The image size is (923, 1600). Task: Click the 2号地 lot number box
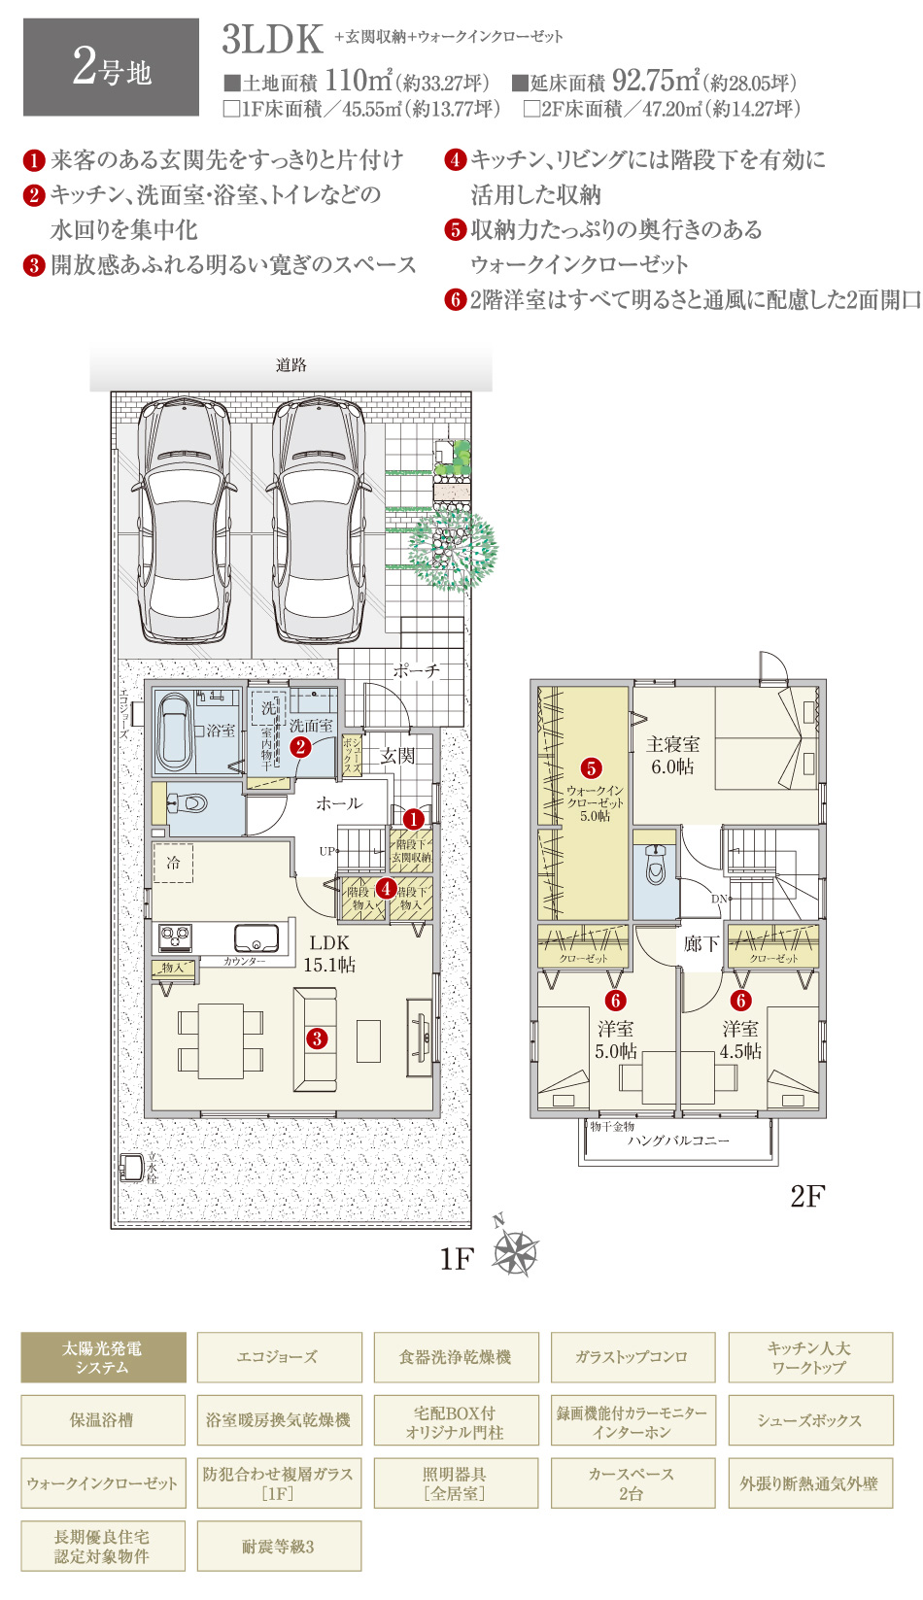[x=111, y=68]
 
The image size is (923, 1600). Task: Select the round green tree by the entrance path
[x=452, y=551]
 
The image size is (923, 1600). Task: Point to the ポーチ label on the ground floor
[x=417, y=670]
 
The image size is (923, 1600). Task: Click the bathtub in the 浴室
[x=176, y=731]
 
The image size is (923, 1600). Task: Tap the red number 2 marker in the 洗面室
[x=300, y=746]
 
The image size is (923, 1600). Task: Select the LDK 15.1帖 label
[x=329, y=953]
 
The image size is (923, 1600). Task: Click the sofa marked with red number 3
[x=316, y=1038]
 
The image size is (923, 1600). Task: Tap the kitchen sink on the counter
[x=256, y=938]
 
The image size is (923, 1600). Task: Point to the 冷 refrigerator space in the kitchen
[x=173, y=863]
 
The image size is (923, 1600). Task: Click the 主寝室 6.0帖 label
[x=672, y=755]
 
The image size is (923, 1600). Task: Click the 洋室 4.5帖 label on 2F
[x=740, y=1039]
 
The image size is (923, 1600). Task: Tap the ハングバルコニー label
[x=678, y=1140]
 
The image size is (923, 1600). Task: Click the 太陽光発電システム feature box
[x=103, y=1357]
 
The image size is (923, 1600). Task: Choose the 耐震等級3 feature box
[x=279, y=1547]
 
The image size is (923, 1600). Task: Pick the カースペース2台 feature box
[x=632, y=1483]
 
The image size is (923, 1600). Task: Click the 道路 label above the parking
[x=291, y=365]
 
